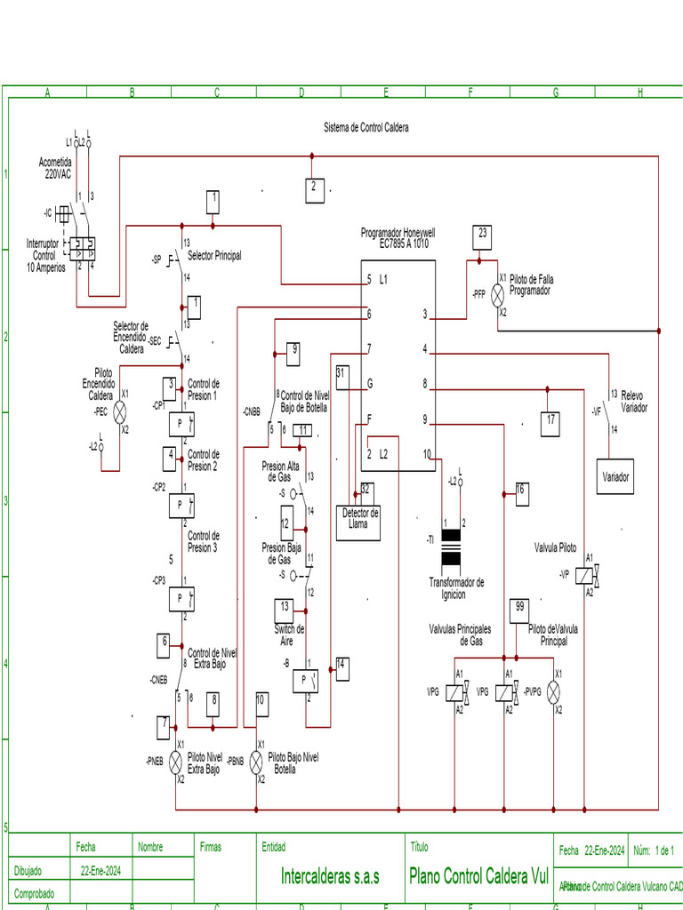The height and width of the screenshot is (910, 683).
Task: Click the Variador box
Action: click(615, 476)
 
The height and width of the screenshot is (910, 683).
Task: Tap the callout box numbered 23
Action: click(483, 235)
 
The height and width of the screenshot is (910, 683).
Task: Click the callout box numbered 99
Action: click(520, 610)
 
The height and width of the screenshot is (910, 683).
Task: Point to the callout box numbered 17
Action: click(551, 421)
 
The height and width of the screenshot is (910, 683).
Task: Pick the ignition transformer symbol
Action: click(452, 548)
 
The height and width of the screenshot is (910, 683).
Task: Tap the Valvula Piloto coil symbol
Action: click(585, 575)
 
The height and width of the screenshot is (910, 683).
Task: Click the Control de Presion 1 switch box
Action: click(181, 424)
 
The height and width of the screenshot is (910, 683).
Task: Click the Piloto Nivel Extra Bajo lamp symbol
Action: click(176, 762)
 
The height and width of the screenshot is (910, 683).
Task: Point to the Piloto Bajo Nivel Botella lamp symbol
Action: click(256, 762)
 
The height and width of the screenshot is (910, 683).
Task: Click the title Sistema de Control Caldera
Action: click(366, 128)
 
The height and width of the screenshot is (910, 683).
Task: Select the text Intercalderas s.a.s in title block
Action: click(330, 876)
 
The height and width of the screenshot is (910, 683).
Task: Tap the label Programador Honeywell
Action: click(398, 233)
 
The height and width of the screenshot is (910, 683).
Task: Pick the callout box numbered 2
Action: click(313, 189)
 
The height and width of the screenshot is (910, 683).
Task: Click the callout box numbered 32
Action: click(365, 490)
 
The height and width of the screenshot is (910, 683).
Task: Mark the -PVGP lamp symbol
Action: click(558, 691)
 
